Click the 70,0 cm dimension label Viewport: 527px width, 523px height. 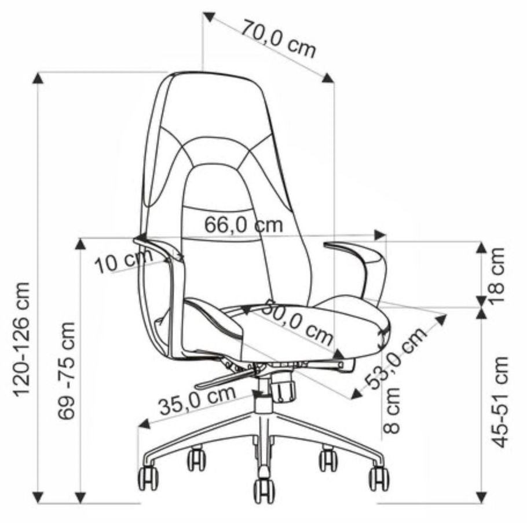[x=279, y=39]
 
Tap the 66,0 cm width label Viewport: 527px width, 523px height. [x=244, y=225]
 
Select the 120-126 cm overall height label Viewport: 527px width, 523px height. [x=21, y=340]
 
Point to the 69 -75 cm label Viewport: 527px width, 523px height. [x=66, y=371]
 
